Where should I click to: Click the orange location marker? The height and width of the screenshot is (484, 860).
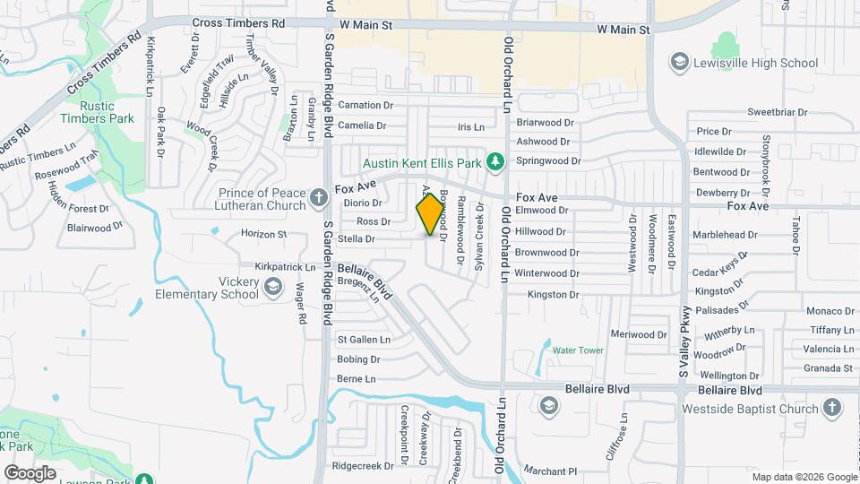[x=431, y=213]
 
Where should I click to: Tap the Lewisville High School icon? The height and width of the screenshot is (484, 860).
[x=679, y=62]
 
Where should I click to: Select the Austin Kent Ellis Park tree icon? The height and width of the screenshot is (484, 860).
[x=494, y=161]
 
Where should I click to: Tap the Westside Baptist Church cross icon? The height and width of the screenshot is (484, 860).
[x=831, y=409]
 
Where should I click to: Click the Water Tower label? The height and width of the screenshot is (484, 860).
[x=578, y=350]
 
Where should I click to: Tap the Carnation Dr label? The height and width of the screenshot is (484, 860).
[x=365, y=106]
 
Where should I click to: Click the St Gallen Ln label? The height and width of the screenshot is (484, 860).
[x=364, y=340]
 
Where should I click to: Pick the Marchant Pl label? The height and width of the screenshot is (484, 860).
[x=551, y=471]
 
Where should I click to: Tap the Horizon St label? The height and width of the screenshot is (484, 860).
[x=263, y=234]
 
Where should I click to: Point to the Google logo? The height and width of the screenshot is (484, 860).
[x=30, y=472]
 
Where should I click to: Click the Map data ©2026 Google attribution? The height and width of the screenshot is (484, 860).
[x=803, y=477]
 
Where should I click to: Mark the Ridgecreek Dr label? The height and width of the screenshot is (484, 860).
[x=363, y=466]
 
